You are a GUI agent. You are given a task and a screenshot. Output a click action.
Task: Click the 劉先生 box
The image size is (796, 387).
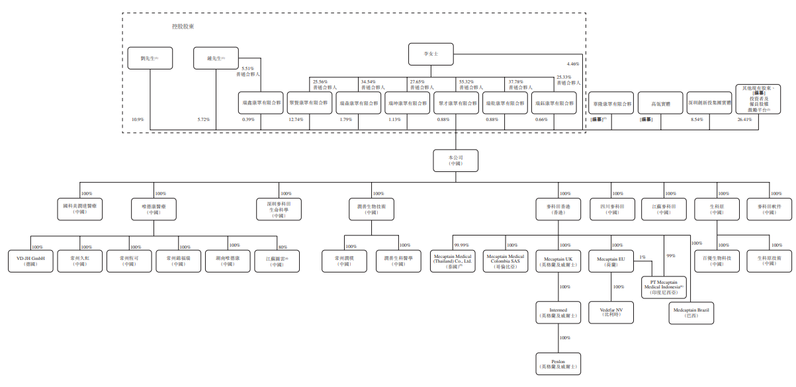click(150, 58)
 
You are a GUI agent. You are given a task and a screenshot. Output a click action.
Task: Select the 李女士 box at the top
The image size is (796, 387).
click(431, 54)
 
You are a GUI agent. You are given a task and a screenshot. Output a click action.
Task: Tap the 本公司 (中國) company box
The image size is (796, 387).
click(455, 160)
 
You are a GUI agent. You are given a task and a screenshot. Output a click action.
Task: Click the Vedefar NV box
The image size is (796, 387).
click(611, 312)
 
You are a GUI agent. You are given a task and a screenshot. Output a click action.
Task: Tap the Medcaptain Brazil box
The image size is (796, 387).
click(691, 312)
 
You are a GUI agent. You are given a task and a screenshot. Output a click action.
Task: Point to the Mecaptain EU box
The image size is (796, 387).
click(611, 261)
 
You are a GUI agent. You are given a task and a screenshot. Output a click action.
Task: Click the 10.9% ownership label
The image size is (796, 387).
click(138, 120)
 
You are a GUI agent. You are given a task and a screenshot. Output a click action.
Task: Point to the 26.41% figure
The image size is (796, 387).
click(745, 120)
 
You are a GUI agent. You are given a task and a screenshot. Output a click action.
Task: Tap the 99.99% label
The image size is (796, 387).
click(461, 245)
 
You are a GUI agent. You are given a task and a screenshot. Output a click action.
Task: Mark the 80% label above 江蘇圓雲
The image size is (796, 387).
click(283, 247)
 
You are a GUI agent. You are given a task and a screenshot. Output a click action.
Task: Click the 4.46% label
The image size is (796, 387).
click(573, 64)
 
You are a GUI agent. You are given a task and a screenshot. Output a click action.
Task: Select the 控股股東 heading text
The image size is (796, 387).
click(183, 26)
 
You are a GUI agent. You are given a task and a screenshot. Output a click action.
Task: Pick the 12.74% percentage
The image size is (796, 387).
click(296, 120)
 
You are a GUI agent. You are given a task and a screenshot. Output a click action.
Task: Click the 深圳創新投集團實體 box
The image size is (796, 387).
click(709, 103)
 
